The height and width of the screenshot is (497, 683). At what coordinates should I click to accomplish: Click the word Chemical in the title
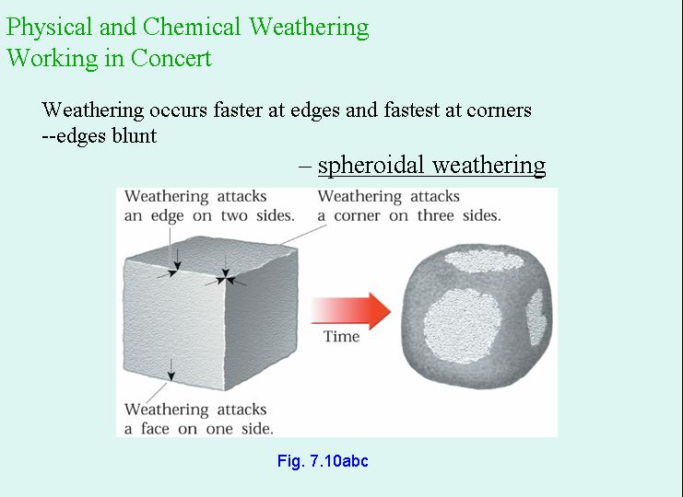click(192, 27)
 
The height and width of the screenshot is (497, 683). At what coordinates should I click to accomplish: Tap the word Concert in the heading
click(171, 58)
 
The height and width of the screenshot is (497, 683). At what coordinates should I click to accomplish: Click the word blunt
click(135, 135)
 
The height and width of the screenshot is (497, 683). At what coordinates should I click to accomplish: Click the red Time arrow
click(350, 311)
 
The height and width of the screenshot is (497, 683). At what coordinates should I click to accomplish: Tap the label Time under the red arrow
click(341, 337)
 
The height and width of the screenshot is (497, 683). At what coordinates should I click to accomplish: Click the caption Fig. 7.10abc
click(323, 461)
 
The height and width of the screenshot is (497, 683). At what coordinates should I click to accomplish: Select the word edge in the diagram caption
click(167, 216)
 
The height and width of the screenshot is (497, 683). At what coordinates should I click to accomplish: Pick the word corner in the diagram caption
click(358, 215)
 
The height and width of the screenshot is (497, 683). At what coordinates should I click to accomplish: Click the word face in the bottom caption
click(155, 429)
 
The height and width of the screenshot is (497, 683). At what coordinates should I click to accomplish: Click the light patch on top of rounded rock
click(484, 260)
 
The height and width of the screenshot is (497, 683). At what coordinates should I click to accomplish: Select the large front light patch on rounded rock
click(462, 325)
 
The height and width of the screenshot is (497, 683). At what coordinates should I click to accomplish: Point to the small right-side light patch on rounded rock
click(536, 317)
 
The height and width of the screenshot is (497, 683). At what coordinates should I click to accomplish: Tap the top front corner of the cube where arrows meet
click(225, 277)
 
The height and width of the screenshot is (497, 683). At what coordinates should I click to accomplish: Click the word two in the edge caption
click(235, 215)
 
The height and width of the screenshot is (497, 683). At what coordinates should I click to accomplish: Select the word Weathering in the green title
click(309, 28)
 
